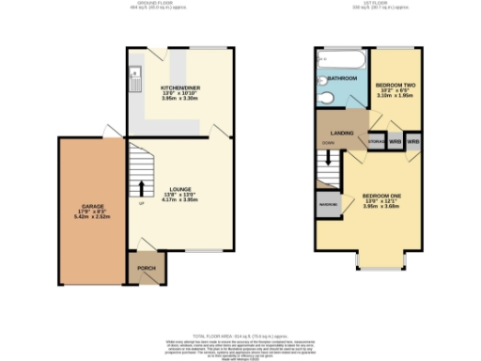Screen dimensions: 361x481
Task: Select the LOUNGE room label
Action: click(179, 189)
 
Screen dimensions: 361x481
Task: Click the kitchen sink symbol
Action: click(135, 70)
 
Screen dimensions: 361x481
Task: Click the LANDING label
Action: click(343, 133)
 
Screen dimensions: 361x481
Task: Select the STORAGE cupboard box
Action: click(376, 143)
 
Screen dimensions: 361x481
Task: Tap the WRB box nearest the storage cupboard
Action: click(396, 143)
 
